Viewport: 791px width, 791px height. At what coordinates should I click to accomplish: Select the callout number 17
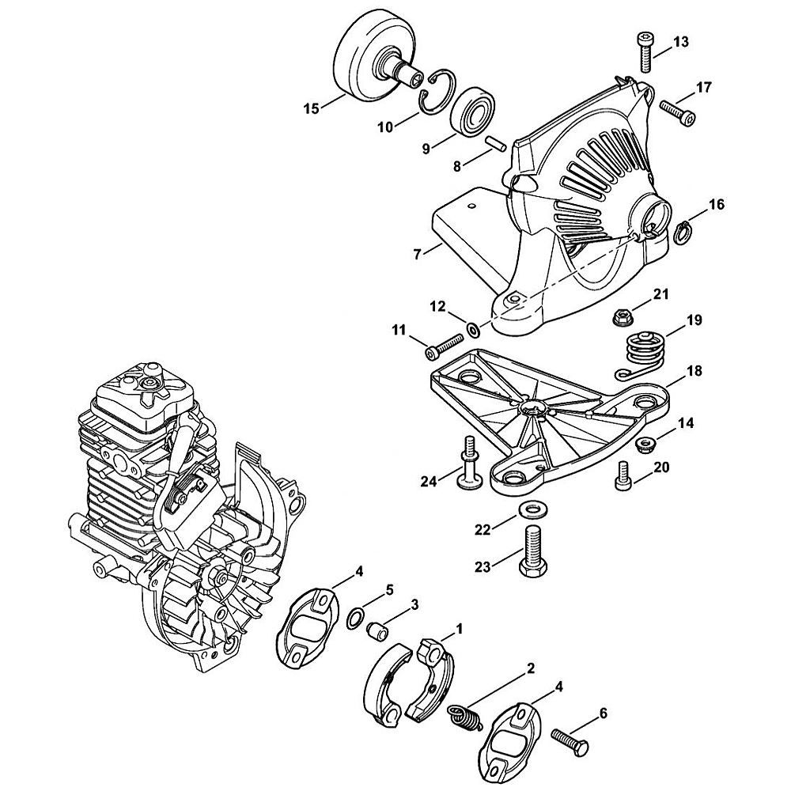[x=703, y=86]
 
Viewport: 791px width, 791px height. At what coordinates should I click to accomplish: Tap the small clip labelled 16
[x=683, y=230]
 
